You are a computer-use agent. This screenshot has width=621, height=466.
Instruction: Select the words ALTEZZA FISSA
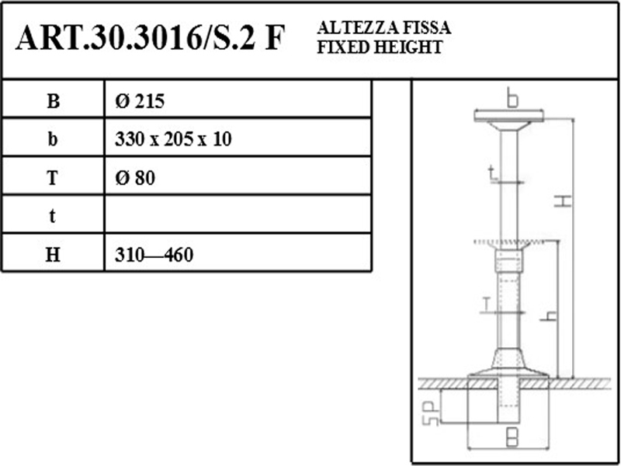[x=383, y=28]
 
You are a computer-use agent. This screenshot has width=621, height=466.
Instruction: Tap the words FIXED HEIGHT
[x=380, y=47]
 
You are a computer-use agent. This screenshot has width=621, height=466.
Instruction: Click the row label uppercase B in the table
[x=53, y=101]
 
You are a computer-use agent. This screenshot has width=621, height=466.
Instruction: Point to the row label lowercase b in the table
[x=53, y=139]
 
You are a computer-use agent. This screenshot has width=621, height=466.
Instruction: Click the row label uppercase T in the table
[x=53, y=178]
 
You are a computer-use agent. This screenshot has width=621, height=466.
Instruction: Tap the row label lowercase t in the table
[x=52, y=217]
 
